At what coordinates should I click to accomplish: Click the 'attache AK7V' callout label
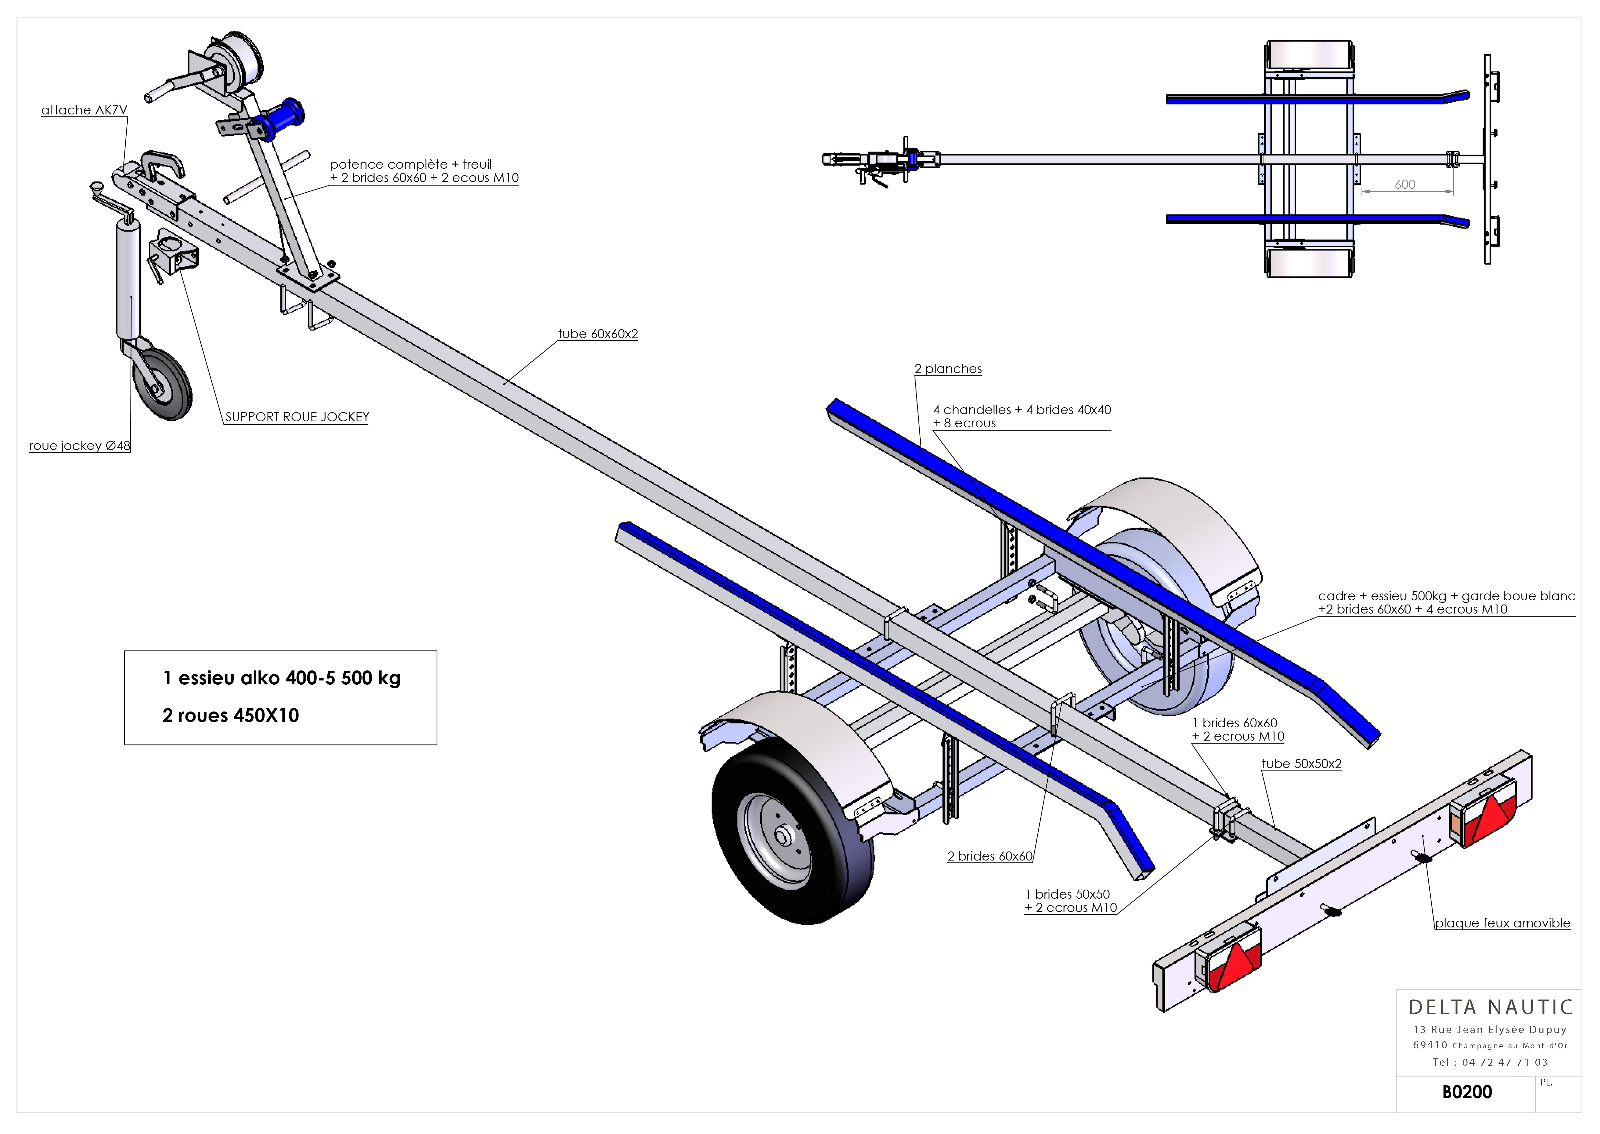click(84, 110)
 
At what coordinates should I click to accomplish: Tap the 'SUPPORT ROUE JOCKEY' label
click(297, 417)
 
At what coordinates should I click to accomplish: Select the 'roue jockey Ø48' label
click(79, 445)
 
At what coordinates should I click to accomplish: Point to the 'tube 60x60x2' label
click(598, 334)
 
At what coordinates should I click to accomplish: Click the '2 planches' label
click(948, 369)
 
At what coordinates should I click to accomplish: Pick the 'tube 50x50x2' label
click(1301, 764)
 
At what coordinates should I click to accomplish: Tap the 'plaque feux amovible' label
click(1502, 923)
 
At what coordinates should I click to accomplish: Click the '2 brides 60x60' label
click(990, 856)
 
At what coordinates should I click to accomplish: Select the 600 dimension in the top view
click(1404, 184)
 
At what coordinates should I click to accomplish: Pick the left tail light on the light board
click(1229, 957)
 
